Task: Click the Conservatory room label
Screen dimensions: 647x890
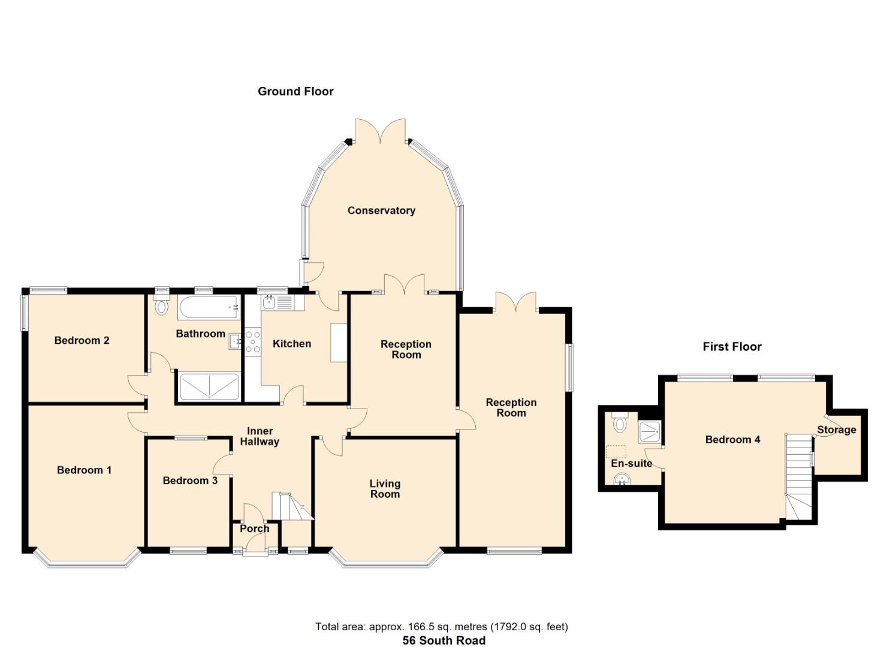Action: click(x=381, y=210)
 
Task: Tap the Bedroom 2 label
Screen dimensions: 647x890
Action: click(x=82, y=340)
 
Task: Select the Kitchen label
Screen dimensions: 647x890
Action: click(x=292, y=343)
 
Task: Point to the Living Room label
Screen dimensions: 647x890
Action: click(x=385, y=488)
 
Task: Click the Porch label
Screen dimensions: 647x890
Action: click(x=254, y=528)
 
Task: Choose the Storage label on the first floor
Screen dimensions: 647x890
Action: click(x=836, y=430)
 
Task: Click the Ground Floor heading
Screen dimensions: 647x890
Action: click(x=295, y=91)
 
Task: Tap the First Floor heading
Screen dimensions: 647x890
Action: click(x=732, y=346)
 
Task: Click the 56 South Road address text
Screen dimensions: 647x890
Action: click(x=444, y=640)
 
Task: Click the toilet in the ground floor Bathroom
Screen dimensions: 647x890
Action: click(x=161, y=306)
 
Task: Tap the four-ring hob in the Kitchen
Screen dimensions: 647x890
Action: click(x=253, y=341)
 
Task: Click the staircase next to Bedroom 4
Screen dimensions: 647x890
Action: click(x=798, y=473)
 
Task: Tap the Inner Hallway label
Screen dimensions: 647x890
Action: click(x=260, y=436)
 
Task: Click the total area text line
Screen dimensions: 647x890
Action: click(x=442, y=627)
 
